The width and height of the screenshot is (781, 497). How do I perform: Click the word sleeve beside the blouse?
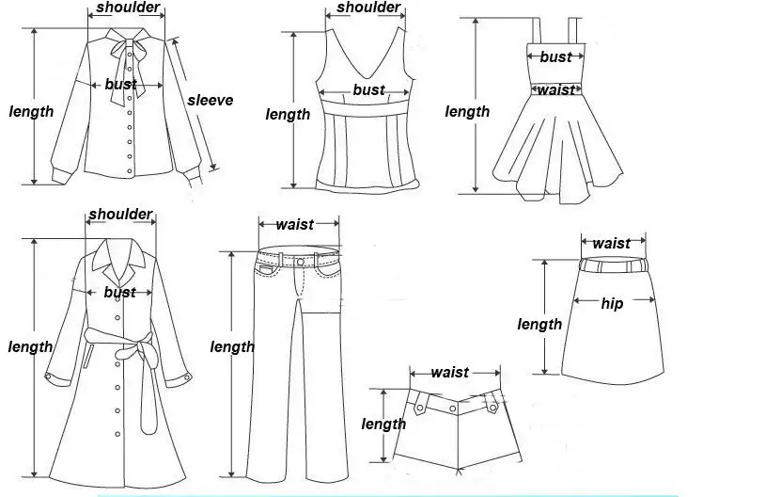click(x=210, y=101)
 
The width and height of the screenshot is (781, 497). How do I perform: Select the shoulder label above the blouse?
click(x=128, y=9)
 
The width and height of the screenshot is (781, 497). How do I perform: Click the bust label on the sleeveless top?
click(x=368, y=90)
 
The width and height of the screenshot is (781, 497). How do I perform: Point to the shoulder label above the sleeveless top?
click(x=368, y=8)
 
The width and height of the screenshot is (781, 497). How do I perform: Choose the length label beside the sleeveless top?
click(x=288, y=115)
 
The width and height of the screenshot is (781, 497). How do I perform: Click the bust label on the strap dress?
click(x=555, y=57)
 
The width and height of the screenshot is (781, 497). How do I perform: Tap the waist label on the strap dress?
click(x=555, y=90)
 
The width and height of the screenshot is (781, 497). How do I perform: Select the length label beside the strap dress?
click(x=467, y=112)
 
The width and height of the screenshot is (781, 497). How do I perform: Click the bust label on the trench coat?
click(x=120, y=293)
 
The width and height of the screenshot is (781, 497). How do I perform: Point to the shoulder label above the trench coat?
click(x=120, y=215)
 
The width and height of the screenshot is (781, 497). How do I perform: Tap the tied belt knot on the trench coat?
click(x=122, y=353)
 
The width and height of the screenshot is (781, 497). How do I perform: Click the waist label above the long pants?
click(x=295, y=225)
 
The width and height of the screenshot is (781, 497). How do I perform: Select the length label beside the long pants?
click(x=232, y=347)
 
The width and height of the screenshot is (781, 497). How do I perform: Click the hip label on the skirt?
click(x=613, y=303)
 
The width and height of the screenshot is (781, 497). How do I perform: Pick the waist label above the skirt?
click(x=612, y=244)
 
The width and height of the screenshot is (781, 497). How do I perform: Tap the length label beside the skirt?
click(x=539, y=325)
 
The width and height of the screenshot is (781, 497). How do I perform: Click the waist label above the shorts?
click(x=449, y=373)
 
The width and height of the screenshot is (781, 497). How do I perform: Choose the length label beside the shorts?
click(x=383, y=425)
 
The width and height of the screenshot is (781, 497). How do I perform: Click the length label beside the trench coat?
click(x=31, y=347)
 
